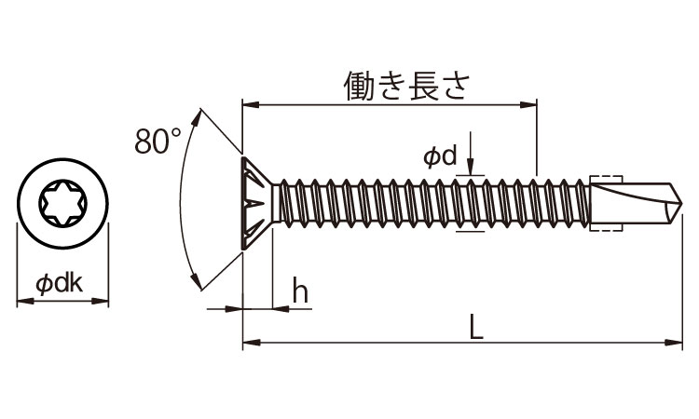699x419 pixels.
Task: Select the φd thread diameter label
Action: click(439, 157)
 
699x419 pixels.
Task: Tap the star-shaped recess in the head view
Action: click(63, 204)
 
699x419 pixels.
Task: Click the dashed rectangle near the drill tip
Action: click(607, 199)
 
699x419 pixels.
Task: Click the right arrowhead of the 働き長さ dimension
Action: click(533, 104)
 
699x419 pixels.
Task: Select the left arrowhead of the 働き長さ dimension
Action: click(248, 104)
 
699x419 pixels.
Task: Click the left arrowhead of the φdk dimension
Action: click(23, 301)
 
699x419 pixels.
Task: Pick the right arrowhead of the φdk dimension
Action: click(103, 301)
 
